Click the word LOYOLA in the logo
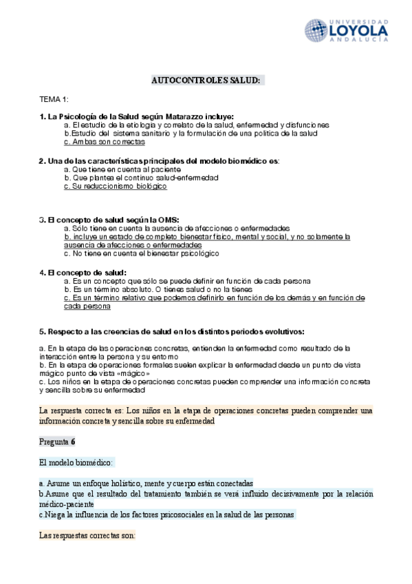[x=359, y=30]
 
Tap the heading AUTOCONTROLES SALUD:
[x=206, y=81]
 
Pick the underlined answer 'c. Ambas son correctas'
[x=104, y=142]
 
